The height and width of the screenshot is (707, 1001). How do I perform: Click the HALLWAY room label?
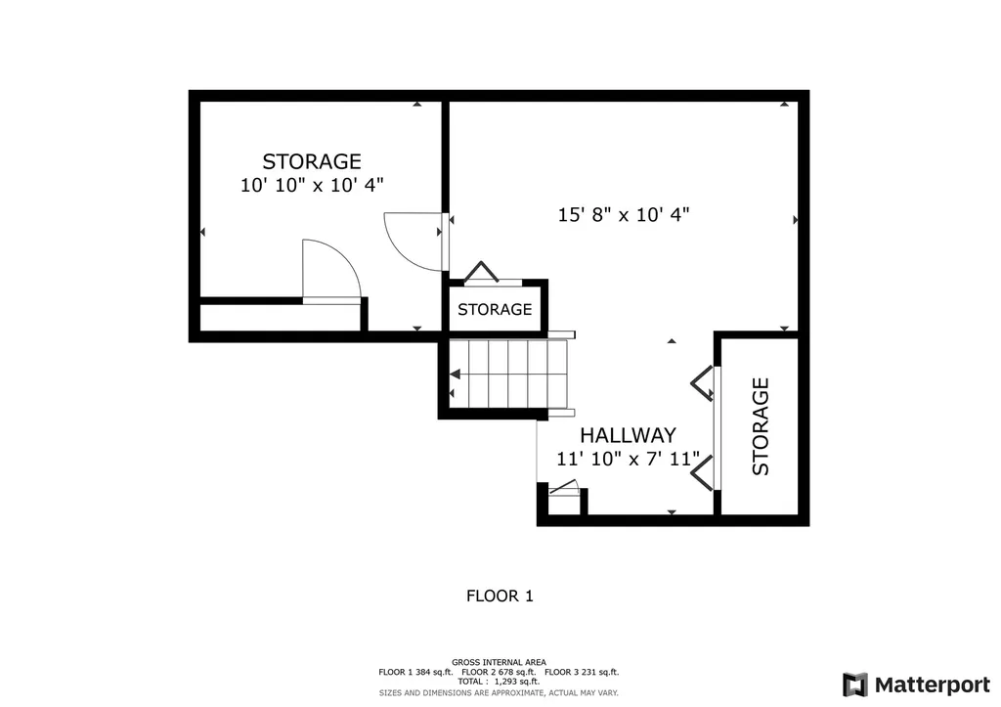click(628, 435)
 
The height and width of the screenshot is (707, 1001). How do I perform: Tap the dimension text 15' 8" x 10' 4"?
click(624, 215)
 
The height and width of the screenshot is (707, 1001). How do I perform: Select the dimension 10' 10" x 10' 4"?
click(312, 184)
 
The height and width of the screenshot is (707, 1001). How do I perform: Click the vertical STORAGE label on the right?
click(761, 426)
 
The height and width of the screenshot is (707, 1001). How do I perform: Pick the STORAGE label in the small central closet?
click(495, 310)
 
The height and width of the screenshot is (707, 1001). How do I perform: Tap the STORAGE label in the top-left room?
click(312, 161)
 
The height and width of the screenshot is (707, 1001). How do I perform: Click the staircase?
click(508, 374)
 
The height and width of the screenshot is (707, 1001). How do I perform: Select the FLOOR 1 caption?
click(500, 595)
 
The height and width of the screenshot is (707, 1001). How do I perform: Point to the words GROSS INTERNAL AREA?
click(499, 662)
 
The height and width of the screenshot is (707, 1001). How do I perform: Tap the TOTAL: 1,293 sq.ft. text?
click(499, 682)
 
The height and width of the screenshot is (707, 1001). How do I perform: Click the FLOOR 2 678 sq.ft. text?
click(499, 672)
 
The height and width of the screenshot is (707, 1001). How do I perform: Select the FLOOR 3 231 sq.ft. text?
click(582, 672)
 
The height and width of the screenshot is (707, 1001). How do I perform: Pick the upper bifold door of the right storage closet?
click(702, 383)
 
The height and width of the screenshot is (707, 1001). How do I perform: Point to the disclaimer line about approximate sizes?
click(499, 692)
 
